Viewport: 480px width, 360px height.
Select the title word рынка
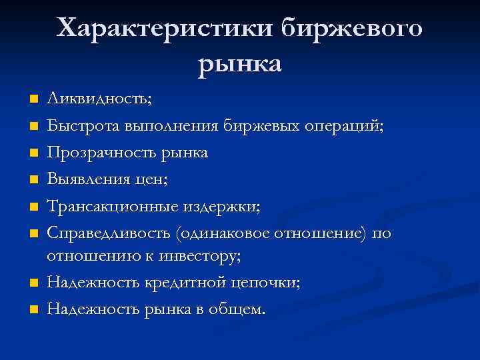pyautogui.click(x=240, y=64)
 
